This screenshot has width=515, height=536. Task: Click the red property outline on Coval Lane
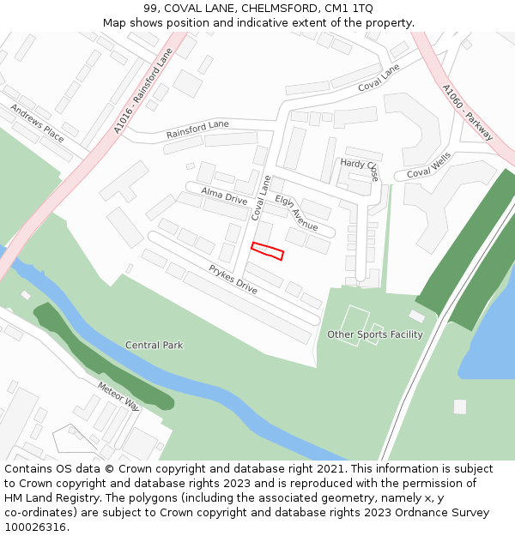pos(267,250)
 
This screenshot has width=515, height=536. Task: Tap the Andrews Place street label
pos(37,123)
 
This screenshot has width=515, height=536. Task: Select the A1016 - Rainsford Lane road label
pos(142,91)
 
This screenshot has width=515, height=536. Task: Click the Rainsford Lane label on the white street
pos(197,129)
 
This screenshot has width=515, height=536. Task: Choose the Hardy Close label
pos(360,168)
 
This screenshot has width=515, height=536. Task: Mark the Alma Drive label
pos(223,195)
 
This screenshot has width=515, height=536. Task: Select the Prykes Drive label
pos(233,280)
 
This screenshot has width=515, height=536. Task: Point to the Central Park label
pos(154,346)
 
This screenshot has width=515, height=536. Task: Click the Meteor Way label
pos(118,396)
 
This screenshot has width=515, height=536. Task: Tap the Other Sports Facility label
pos(375,334)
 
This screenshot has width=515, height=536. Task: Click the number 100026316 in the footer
pos(34,527)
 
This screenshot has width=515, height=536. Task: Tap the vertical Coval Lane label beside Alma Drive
pos(261,203)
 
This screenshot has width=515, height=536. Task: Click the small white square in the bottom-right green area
pos(460,407)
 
